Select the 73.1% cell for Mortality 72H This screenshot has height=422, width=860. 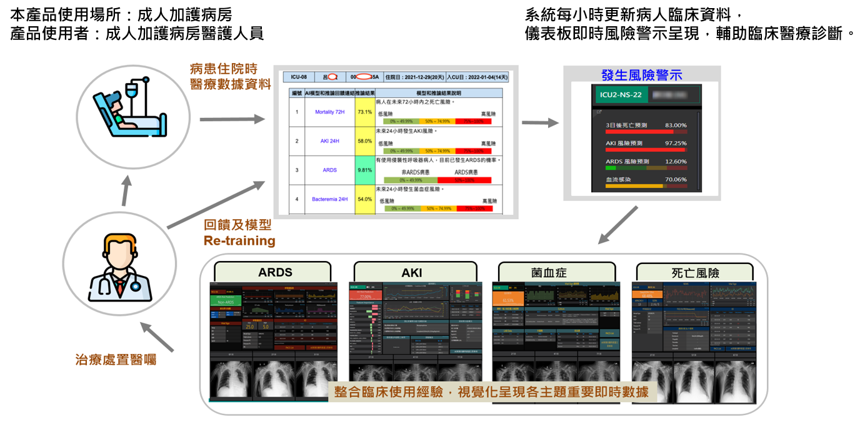(364, 112)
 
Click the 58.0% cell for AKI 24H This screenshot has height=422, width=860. (364, 141)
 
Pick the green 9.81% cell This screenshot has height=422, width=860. (364, 170)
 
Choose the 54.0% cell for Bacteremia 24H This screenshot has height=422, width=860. (364, 199)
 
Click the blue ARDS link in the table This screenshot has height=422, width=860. (329, 170)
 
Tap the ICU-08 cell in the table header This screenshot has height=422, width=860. (299, 77)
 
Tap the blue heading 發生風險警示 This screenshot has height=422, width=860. (641, 76)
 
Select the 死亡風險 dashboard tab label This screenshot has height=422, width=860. (695, 273)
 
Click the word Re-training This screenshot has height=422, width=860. (239, 240)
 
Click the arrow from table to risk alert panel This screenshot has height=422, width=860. (539, 123)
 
